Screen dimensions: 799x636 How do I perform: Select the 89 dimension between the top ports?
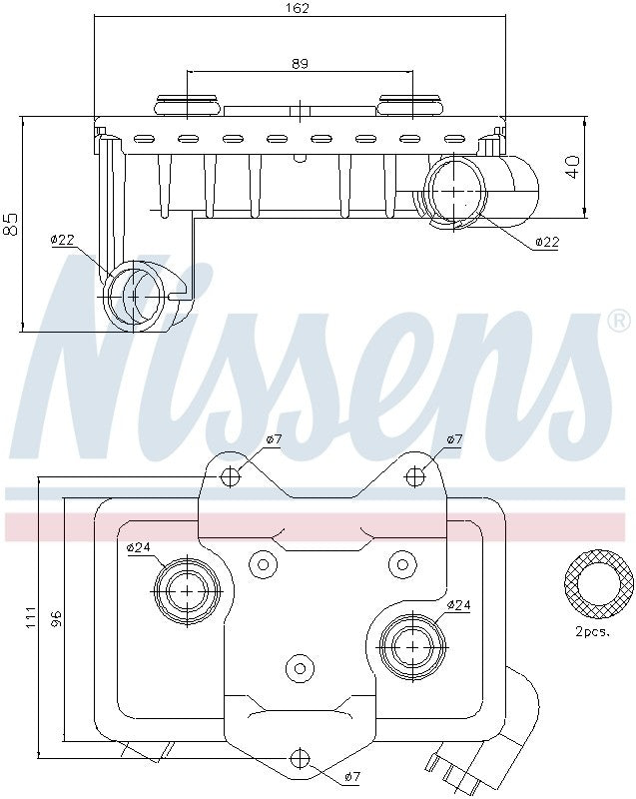click(300, 63)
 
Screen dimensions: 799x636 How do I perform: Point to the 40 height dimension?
click(572, 166)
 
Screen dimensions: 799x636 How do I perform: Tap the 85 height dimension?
click(11, 224)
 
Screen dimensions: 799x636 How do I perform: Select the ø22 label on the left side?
click(63, 240)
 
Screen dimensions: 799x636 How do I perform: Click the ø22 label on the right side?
click(546, 242)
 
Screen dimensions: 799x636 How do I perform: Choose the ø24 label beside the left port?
click(139, 547)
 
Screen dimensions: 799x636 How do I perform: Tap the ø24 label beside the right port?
click(459, 604)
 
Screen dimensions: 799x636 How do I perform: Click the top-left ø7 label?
click(275, 438)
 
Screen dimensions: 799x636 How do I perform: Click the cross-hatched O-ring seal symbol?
click(598, 583)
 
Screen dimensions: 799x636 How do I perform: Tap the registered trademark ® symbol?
click(619, 321)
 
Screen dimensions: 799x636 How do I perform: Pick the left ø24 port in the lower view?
click(188, 591)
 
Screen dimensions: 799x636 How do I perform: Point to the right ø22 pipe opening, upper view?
click(453, 190)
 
